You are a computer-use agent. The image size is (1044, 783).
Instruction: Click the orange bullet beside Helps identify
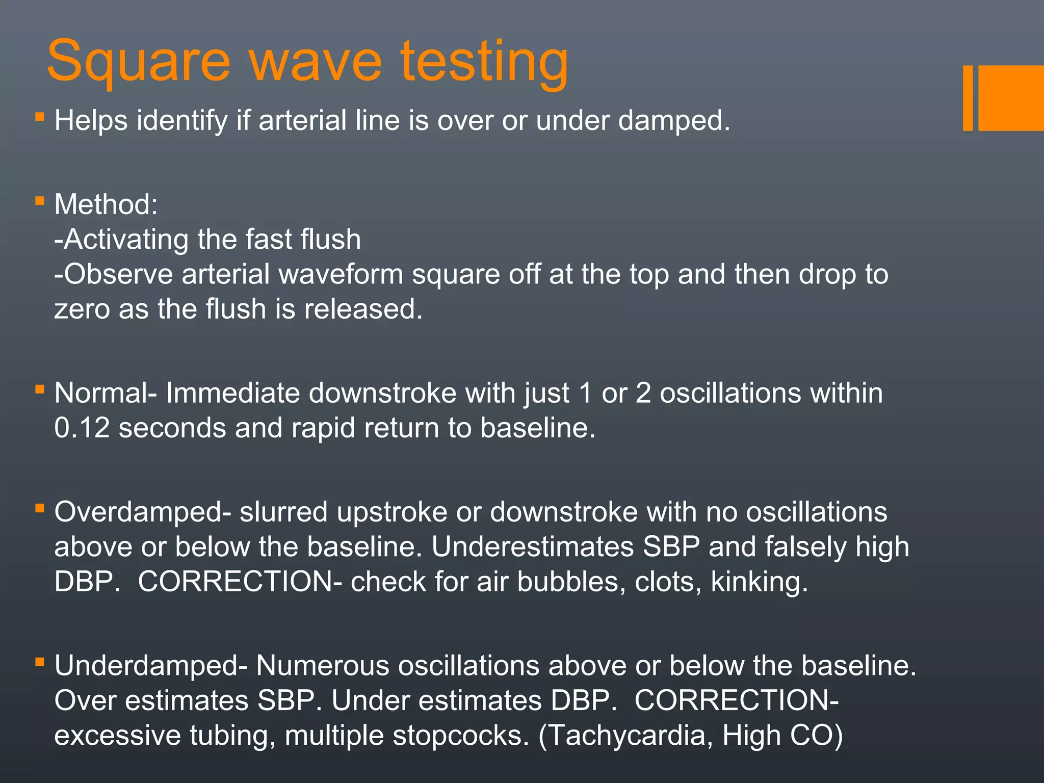tap(40, 117)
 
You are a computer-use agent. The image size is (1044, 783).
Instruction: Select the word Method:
tap(106, 204)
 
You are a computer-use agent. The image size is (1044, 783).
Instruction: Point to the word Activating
tap(126, 239)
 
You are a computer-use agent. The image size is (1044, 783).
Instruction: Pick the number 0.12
tap(82, 428)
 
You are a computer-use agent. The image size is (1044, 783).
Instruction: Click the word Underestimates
tap(532, 546)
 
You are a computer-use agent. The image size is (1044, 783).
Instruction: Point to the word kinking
tap(759, 582)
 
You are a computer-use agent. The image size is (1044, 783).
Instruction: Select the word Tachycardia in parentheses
tap(625, 736)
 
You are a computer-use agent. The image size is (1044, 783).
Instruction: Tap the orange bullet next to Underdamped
tap(40, 662)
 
